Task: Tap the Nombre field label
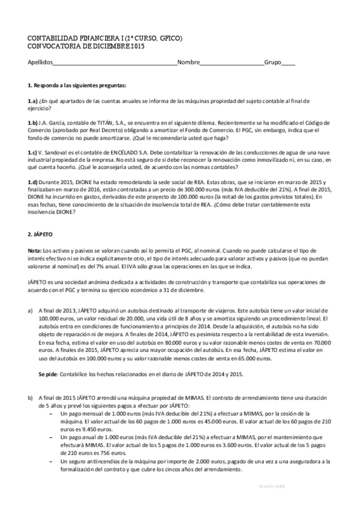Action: pos(188,62)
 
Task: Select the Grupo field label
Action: pos(272,62)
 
